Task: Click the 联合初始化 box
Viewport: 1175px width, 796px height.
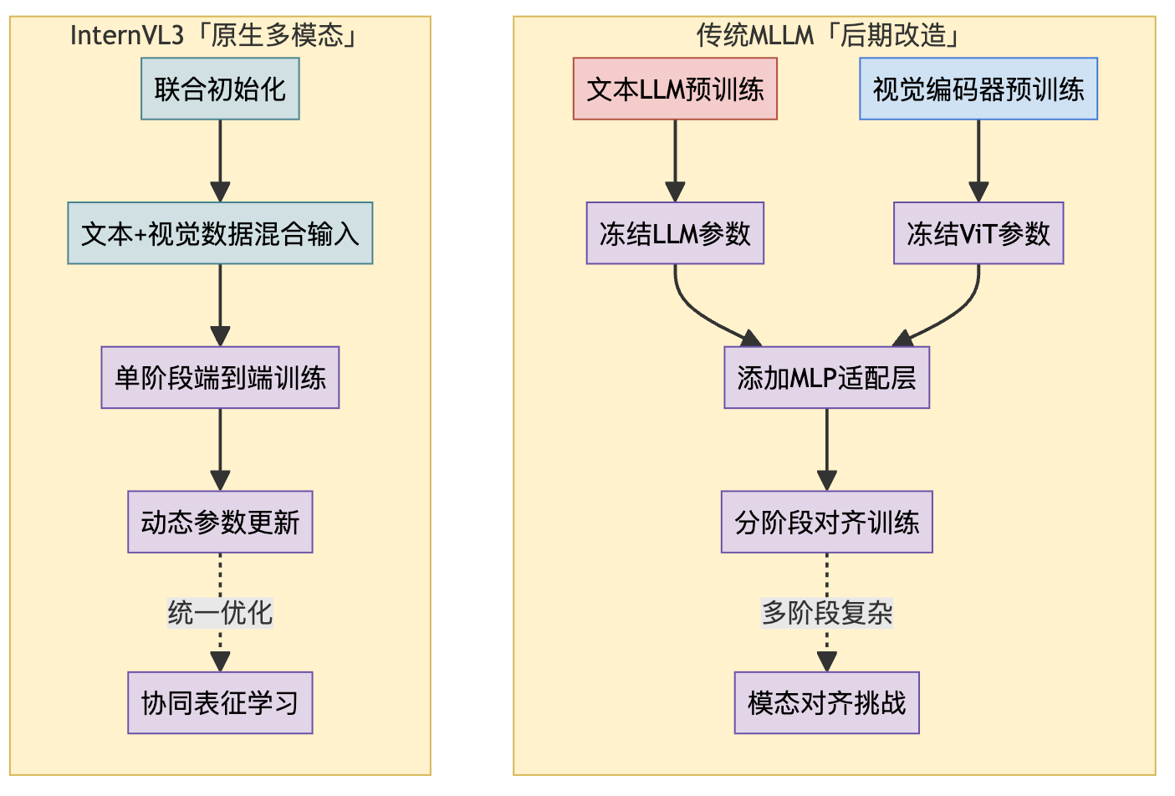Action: coord(220,89)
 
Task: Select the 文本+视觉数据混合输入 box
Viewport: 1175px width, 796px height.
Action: coord(220,233)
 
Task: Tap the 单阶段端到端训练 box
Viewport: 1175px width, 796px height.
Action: coord(220,378)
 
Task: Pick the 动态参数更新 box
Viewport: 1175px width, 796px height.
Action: coord(220,523)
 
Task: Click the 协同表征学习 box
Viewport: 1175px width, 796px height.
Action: coord(220,703)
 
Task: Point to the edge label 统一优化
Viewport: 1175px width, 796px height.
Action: coord(220,613)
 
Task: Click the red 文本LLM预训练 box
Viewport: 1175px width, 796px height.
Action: coord(675,89)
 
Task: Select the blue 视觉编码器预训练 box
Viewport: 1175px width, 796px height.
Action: coord(978,89)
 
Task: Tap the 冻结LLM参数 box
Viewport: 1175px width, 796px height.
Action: coord(675,233)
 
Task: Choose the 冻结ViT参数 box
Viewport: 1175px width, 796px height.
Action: coord(978,233)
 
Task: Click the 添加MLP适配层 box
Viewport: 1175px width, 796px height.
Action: coord(826,378)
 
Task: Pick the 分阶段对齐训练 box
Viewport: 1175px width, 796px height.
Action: coord(826,523)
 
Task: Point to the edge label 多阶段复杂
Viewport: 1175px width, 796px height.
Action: coord(826,613)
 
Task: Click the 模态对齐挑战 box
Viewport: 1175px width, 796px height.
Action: coord(826,703)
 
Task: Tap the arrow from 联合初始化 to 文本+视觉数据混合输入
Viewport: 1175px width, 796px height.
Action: coord(220,159)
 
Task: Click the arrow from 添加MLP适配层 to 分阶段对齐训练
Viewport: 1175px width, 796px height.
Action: coord(826,448)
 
